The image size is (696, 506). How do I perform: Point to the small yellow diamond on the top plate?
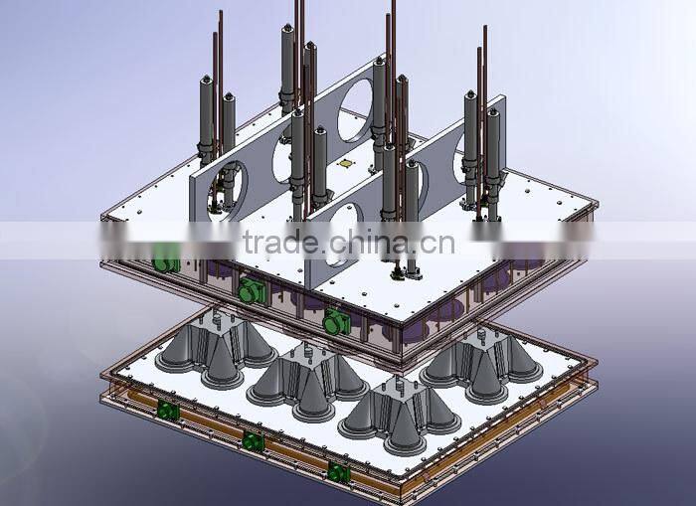345,163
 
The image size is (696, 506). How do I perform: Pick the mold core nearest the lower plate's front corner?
393,413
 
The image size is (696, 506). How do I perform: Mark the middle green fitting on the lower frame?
254,441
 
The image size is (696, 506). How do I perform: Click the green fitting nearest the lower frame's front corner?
339,472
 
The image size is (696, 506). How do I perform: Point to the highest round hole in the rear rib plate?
354,109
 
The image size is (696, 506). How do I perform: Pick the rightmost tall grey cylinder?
492,149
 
